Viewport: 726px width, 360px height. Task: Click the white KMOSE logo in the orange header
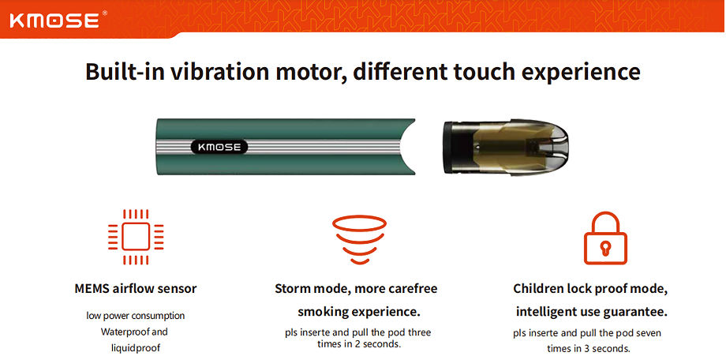pos(54,21)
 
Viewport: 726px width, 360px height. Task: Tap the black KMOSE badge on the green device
pos(219,148)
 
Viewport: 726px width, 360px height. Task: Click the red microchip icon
pos(136,237)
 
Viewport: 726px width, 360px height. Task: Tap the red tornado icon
pos(359,239)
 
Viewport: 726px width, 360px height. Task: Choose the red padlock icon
pos(605,238)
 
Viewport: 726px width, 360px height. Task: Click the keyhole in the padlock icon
pos(605,248)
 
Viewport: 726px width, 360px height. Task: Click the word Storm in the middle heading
pos(293,289)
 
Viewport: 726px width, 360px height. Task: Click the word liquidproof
pos(134,347)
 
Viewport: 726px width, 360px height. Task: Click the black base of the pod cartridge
pos(452,148)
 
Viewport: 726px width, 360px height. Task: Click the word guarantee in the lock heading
pos(635,313)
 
